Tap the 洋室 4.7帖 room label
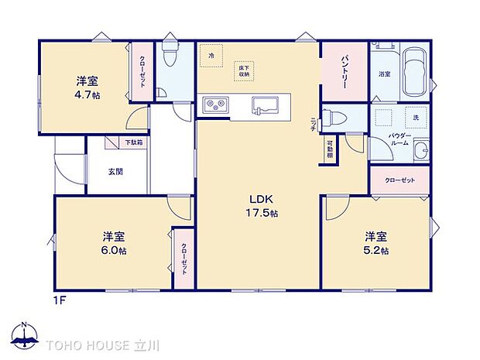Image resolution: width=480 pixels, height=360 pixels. pyautogui.click(x=87, y=88)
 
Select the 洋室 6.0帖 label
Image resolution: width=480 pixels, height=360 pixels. pyautogui.click(x=114, y=242)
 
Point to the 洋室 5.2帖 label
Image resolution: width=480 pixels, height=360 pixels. pyautogui.click(x=377, y=242)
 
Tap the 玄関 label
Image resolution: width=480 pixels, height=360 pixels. pyautogui.click(x=115, y=172)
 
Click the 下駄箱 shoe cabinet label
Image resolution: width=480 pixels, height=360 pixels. pyautogui.click(x=135, y=143)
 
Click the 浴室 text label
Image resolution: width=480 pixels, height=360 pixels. pyautogui.click(x=384, y=74)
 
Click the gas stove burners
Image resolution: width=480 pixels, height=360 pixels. pyautogui.click(x=213, y=105)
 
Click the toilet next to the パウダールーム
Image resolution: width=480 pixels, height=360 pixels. pyautogui.click(x=334, y=118)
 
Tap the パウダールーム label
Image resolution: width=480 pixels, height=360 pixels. pyautogui.click(x=399, y=139)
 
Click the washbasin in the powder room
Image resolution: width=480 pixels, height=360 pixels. pyautogui.click(x=420, y=151)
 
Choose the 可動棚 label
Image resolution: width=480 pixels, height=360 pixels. pyautogui.click(x=329, y=149)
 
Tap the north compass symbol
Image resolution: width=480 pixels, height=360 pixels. pyautogui.click(x=26, y=336)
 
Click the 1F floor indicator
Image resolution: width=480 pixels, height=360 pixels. pyautogui.click(x=59, y=300)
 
